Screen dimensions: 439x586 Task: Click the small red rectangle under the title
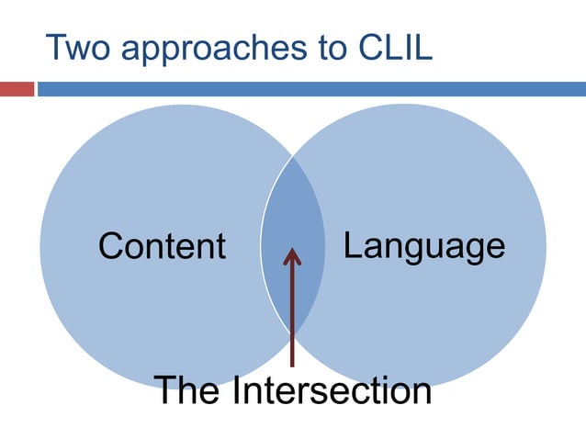(x=16, y=89)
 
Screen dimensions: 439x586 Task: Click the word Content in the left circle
(x=162, y=246)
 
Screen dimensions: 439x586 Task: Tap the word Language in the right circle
(x=423, y=246)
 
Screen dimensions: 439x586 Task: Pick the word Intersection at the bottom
(x=332, y=390)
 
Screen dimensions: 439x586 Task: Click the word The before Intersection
(x=187, y=390)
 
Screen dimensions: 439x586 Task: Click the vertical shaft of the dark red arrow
(x=292, y=312)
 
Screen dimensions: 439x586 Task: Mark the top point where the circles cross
(x=293, y=155)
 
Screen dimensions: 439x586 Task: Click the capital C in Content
(x=110, y=246)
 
